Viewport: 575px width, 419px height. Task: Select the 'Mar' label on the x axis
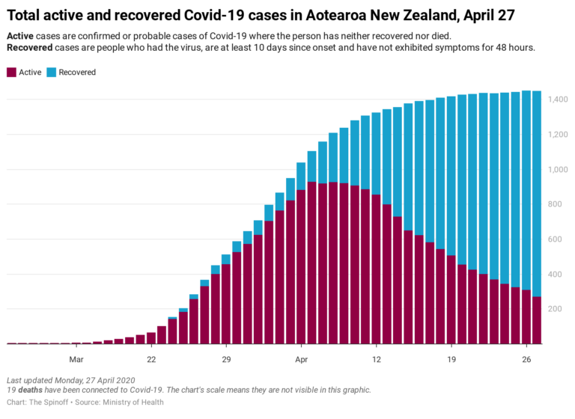[x=76, y=358]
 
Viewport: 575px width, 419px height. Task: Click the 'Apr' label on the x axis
[x=301, y=358]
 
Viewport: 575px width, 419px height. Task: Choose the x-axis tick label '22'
[x=151, y=358]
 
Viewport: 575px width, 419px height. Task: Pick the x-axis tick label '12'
[x=376, y=358]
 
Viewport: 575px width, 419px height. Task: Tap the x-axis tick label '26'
[x=526, y=358]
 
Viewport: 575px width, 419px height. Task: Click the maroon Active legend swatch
[x=11, y=73]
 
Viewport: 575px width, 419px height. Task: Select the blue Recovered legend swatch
[x=50, y=73]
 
